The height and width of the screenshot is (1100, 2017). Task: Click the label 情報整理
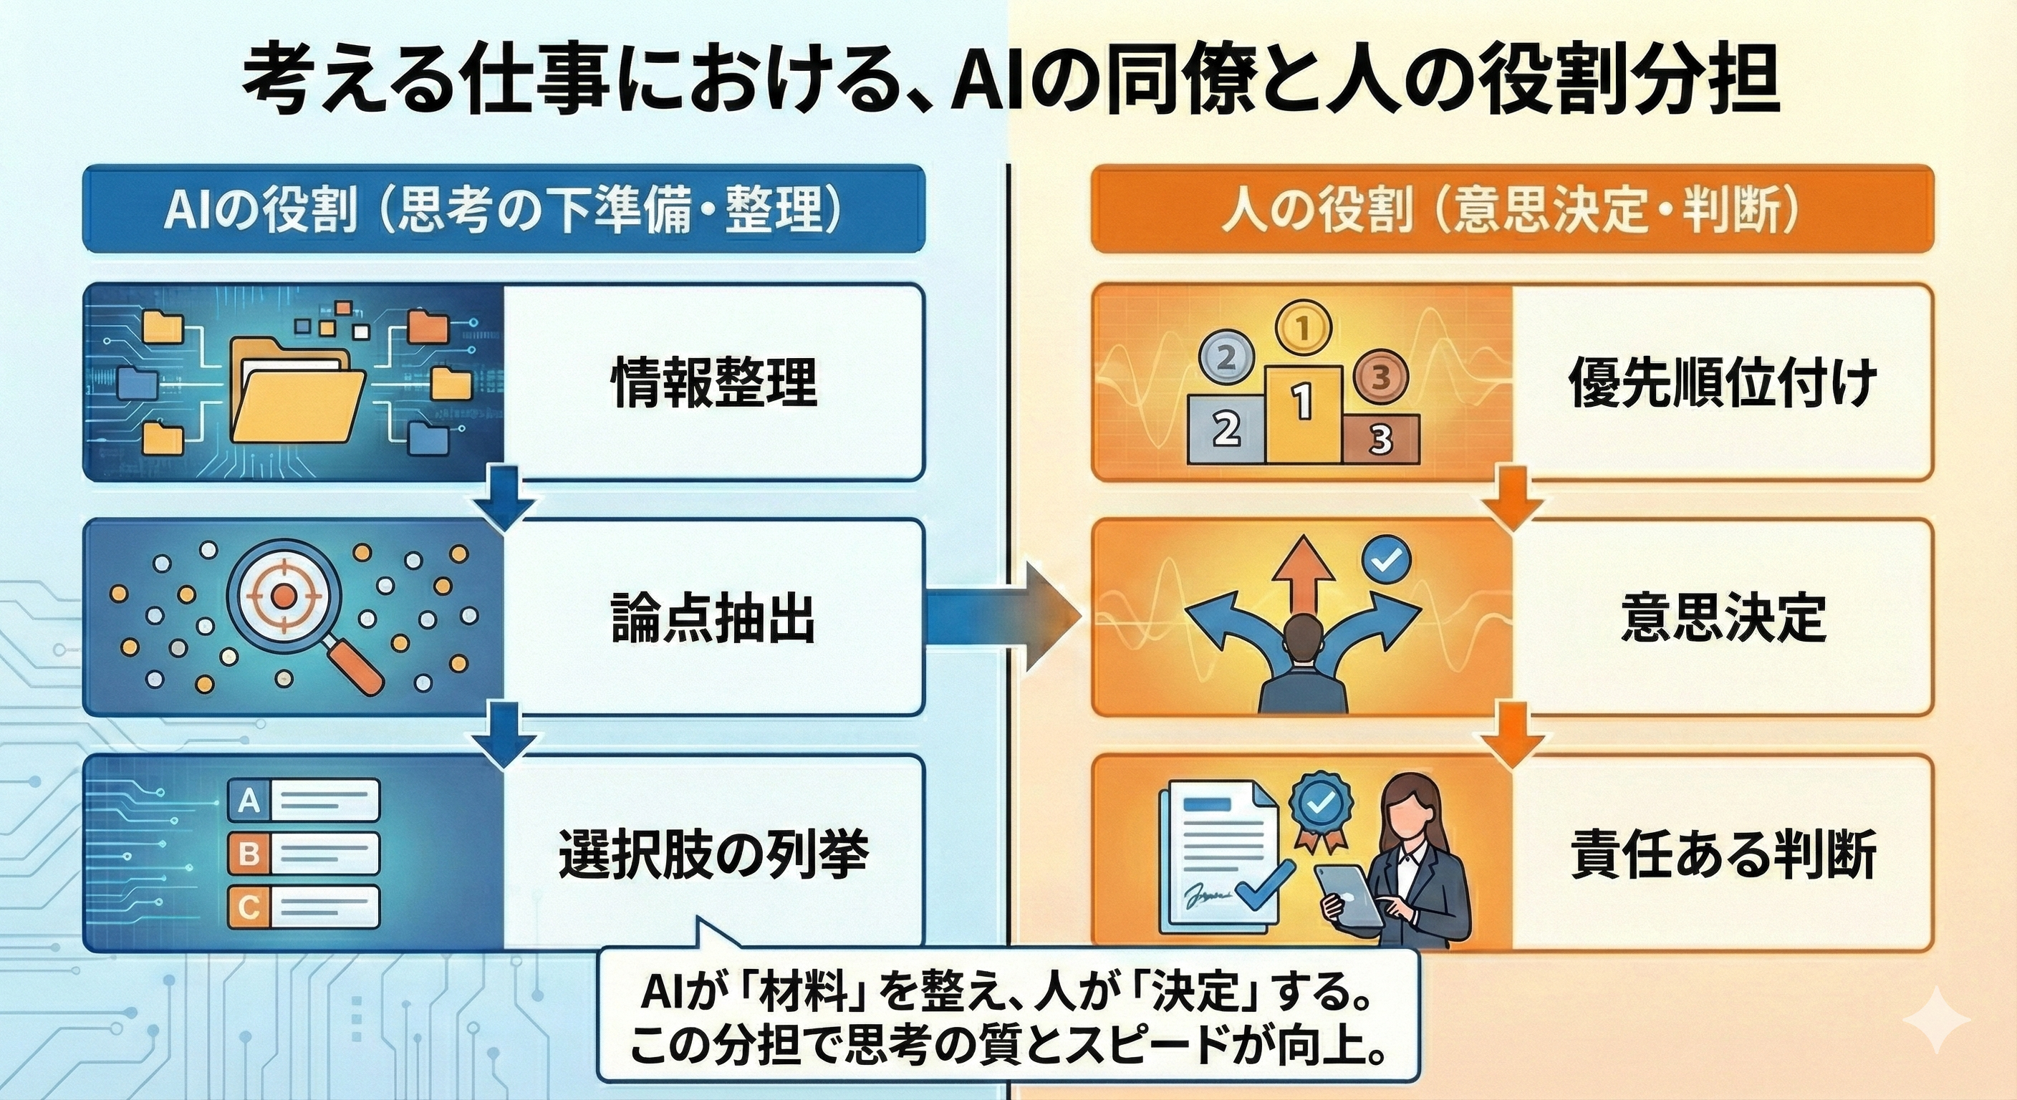[x=713, y=382]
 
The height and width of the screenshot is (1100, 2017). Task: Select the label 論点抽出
[x=713, y=618]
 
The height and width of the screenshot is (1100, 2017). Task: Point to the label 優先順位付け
[x=1722, y=382]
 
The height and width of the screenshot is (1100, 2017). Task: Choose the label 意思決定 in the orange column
[x=1723, y=618]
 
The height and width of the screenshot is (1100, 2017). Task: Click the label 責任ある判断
[x=1723, y=854]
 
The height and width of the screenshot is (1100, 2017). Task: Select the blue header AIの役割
[x=504, y=209]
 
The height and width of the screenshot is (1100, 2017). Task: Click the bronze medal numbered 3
[x=1381, y=377]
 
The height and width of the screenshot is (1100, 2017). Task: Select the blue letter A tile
[x=249, y=800]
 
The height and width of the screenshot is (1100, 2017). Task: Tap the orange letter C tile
[x=249, y=907]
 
